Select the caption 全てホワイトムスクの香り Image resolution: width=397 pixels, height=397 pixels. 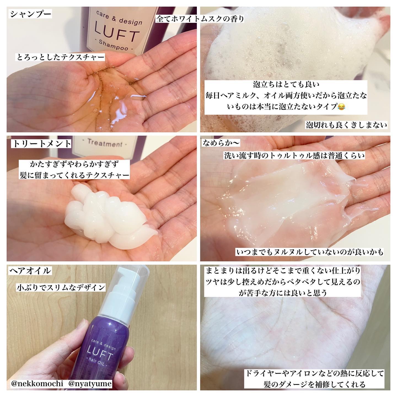[200, 19]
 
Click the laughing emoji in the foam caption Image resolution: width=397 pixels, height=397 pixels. [341, 106]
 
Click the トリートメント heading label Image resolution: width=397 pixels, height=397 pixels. [41, 144]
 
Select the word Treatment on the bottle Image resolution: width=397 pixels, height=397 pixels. [105, 144]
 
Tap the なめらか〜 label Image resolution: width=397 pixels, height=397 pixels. [222, 143]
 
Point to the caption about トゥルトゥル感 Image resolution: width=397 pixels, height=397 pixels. [294, 156]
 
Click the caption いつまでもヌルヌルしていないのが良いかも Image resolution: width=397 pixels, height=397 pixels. [310, 252]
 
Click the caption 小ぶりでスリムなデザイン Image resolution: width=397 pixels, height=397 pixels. [61, 287]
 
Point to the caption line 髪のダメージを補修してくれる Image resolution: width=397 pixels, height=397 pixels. [314, 384]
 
